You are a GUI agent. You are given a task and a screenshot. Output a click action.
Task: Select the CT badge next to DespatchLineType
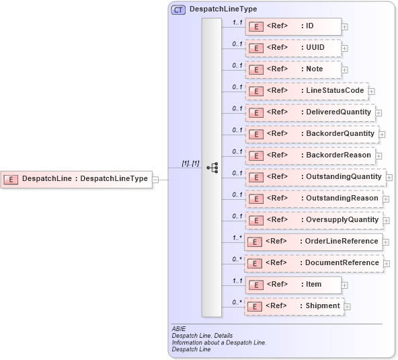[x=179, y=9]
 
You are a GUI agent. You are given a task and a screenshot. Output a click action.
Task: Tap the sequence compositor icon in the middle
[x=212, y=168]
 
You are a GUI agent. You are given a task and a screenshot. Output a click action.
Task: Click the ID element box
[x=292, y=26]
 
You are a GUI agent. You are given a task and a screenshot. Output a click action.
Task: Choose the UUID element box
[x=292, y=48]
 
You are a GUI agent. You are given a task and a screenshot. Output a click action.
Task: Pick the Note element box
[x=292, y=69]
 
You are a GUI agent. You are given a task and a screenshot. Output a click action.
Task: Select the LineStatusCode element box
[x=305, y=91]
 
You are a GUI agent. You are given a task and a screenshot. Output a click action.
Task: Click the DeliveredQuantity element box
[x=309, y=112]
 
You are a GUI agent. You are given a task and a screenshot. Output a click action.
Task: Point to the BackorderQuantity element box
[x=311, y=134]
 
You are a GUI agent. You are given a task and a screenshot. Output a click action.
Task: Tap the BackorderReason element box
[x=309, y=155]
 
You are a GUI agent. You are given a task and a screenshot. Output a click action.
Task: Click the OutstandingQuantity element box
[x=315, y=177]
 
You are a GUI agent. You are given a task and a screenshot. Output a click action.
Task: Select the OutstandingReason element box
[x=313, y=199]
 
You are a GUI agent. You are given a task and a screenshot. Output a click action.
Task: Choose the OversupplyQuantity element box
[x=313, y=220]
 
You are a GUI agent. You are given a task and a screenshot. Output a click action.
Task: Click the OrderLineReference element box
[x=313, y=242]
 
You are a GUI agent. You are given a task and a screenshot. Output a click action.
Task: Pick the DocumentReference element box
[x=313, y=263]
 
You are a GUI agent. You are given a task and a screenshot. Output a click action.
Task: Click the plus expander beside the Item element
[x=345, y=285]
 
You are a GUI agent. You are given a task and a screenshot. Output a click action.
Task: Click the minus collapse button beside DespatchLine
[x=155, y=179]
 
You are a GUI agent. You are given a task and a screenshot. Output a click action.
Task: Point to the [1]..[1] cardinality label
[x=190, y=164]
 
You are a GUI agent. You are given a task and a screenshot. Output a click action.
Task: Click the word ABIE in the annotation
[x=179, y=328]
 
